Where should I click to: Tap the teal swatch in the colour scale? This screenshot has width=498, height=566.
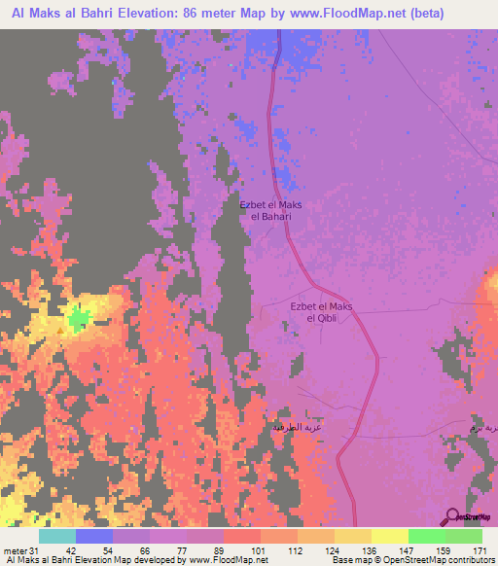57,536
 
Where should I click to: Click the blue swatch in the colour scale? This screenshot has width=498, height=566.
94,536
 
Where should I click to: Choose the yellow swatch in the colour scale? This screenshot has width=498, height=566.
389,536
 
